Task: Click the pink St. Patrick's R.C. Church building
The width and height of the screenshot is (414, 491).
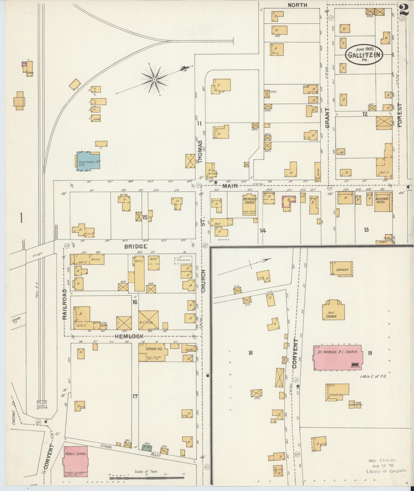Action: coord(338,358)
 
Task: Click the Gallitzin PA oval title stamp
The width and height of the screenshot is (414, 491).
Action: coord(364,54)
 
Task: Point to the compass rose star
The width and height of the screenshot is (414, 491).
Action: coord(154,79)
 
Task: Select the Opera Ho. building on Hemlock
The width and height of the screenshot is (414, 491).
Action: coord(152,352)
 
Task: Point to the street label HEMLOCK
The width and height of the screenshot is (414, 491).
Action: coord(129,336)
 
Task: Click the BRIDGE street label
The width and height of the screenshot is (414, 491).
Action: coord(136,246)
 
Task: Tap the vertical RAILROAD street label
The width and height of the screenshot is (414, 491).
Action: coord(65,304)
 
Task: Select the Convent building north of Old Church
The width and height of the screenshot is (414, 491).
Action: coord(342,268)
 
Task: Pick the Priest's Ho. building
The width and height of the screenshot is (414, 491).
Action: coord(338,392)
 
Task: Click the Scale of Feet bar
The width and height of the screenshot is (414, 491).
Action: coord(147,478)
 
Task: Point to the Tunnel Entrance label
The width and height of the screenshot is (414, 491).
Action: coord(42,407)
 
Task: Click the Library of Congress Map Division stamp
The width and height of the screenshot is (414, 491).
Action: coord(386,466)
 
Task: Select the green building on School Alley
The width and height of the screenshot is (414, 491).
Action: coord(147,448)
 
